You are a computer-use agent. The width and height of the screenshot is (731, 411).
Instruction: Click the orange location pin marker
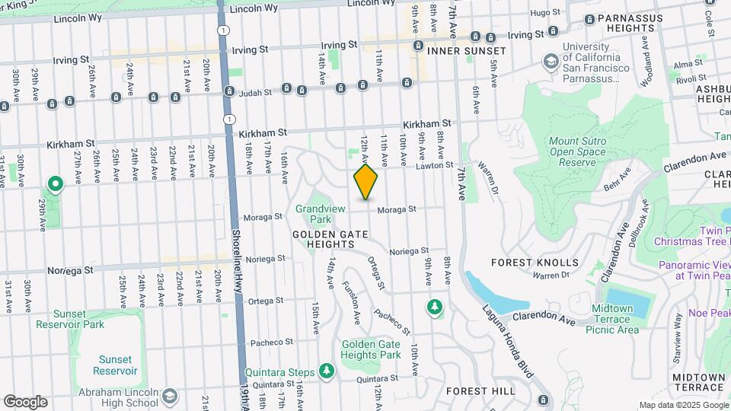(x=366, y=182)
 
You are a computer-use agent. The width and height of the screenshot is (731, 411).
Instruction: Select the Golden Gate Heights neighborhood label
(x=324, y=239)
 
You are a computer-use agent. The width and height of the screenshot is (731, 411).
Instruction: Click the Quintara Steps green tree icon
(x=327, y=371)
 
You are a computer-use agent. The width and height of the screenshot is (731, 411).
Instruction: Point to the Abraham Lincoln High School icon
(x=169, y=396)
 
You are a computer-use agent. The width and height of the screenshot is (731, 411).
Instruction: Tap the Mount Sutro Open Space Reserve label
(x=583, y=151)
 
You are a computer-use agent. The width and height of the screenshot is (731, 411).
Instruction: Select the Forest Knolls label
(x=535, y=262)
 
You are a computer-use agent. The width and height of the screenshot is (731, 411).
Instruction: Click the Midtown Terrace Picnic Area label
(x=612, y=319)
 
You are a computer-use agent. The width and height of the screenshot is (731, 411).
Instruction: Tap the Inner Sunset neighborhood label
(x=466, y=50)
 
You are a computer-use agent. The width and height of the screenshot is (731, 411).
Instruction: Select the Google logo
(x=25, y=401)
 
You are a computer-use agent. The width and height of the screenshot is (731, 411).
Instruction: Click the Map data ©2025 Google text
(x=682, y=405)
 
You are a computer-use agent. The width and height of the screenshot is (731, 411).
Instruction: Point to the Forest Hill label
(x=480, y=391)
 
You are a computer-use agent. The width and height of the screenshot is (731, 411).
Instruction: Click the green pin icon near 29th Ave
(x=55, y=184)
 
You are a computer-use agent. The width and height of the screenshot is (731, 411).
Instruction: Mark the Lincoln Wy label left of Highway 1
(x=78, y=16)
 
